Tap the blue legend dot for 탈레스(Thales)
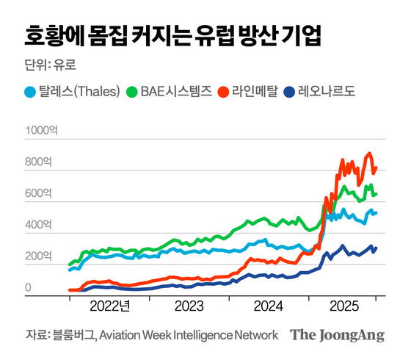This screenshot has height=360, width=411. pyautogui.click(x=30, y=93)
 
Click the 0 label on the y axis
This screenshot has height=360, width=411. pyautogui.click(x=29, y=289)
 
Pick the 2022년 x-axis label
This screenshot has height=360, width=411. pyautogui.click(x=109, y=306)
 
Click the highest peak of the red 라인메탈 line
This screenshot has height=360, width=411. pyautogui.click(x=369, y=154)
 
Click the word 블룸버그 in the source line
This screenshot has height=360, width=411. pyautogui.click(x=71, y=335)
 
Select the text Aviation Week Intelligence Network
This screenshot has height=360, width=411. pyautogui.click(x=189, y=335)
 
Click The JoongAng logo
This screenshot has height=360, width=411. pyautogui.click(x=337, y=335)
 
